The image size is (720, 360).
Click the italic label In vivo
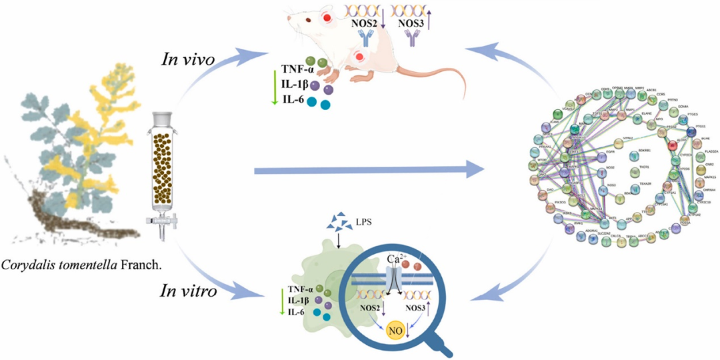pos(188,59)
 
